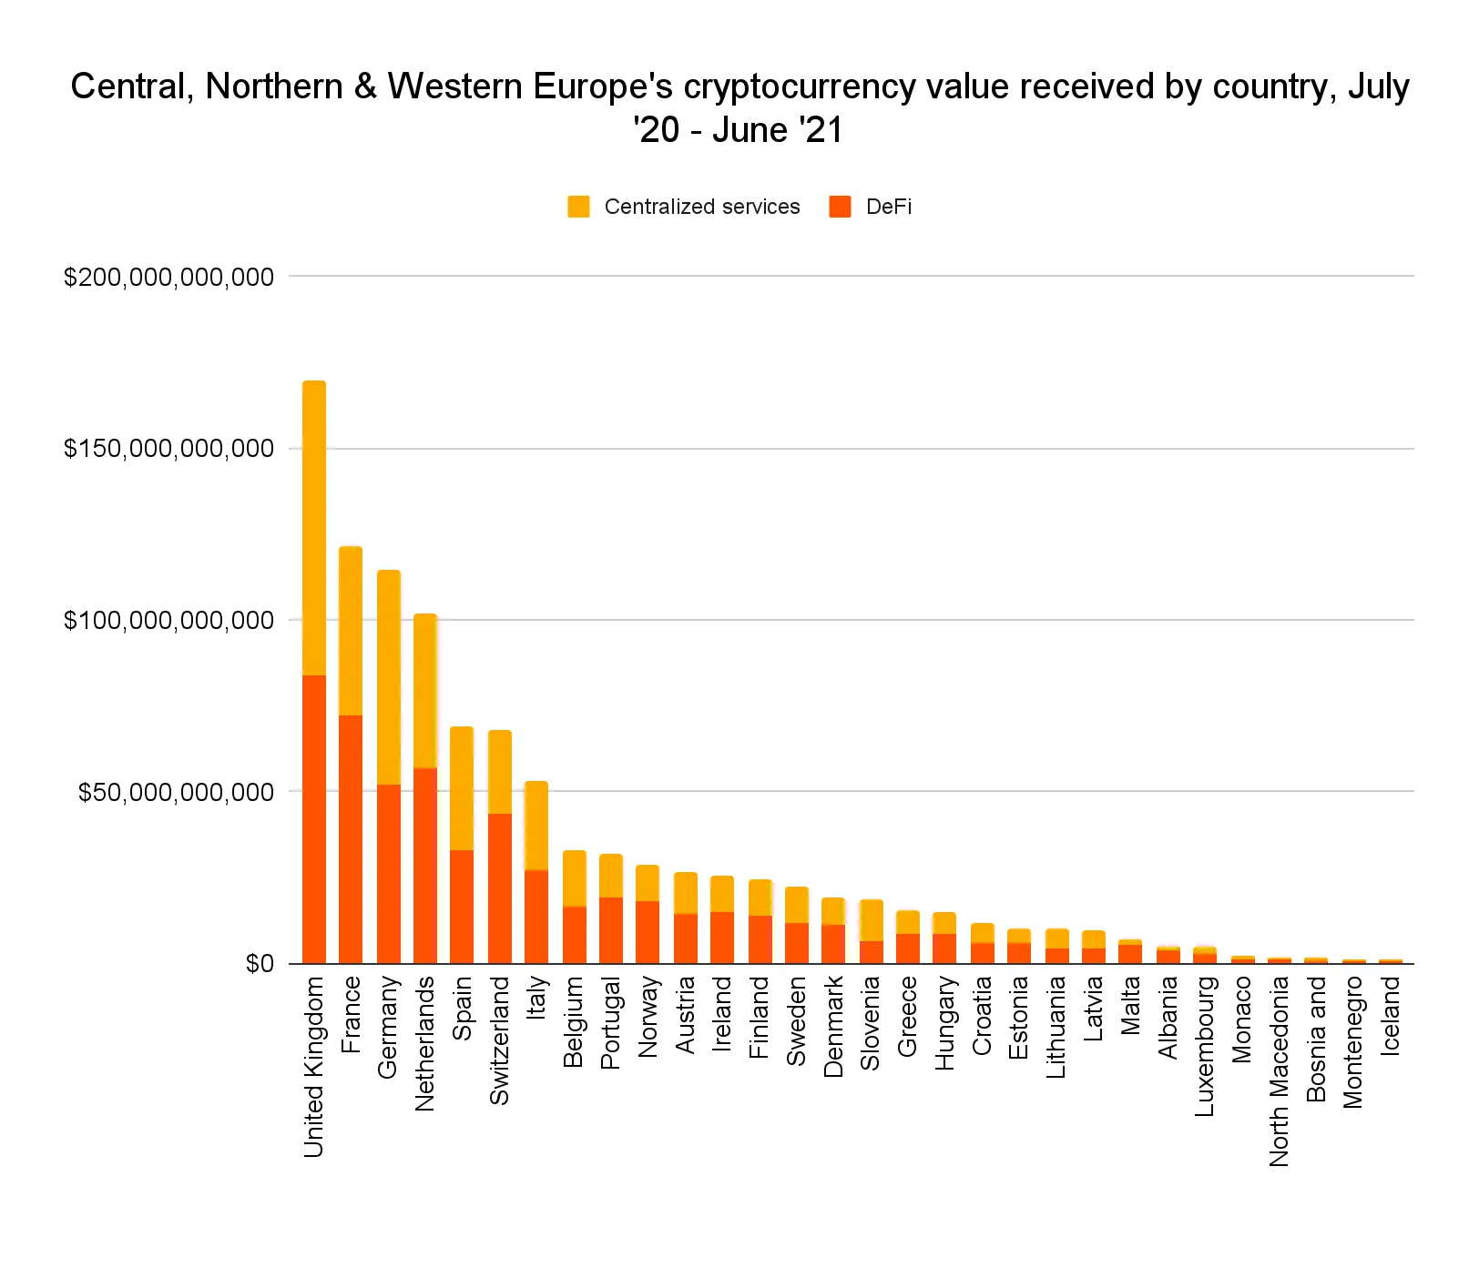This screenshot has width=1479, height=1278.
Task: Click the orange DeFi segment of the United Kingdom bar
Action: click(x=314, y=818)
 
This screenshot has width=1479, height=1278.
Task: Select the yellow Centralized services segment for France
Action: click(x=351, y=631)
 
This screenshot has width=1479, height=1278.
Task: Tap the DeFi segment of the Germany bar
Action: click(x=389, y=873)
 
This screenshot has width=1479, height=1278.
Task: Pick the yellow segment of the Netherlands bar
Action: click(x=425, y=691)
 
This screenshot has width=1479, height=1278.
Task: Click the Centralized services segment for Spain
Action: click(x=462, y=788)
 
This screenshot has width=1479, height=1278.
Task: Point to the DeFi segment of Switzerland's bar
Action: click(x=500, y=887)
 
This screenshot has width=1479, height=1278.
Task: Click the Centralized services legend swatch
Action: click(x=578, y=207)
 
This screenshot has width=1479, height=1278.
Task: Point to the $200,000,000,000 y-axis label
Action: click(x=168, y=277)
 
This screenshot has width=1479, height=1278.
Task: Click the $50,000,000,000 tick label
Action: click(x=176, y=792)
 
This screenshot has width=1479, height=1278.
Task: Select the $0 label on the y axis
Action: click(x=259, y=963)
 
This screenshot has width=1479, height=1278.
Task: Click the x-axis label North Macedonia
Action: click(x=1279, y=1070)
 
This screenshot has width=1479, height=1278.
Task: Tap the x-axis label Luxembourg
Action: click(x=1204, y=1045)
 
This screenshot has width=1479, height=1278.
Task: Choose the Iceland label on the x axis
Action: click(x=1390, y=1015)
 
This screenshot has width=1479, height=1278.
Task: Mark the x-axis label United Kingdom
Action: click(x=314, y=1066)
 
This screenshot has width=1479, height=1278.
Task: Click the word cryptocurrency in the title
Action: click(x=820, y=86)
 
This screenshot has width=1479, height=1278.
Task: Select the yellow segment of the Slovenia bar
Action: click(x=872, y=920)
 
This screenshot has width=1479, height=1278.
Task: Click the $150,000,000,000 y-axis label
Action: click(x=168, y=449)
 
